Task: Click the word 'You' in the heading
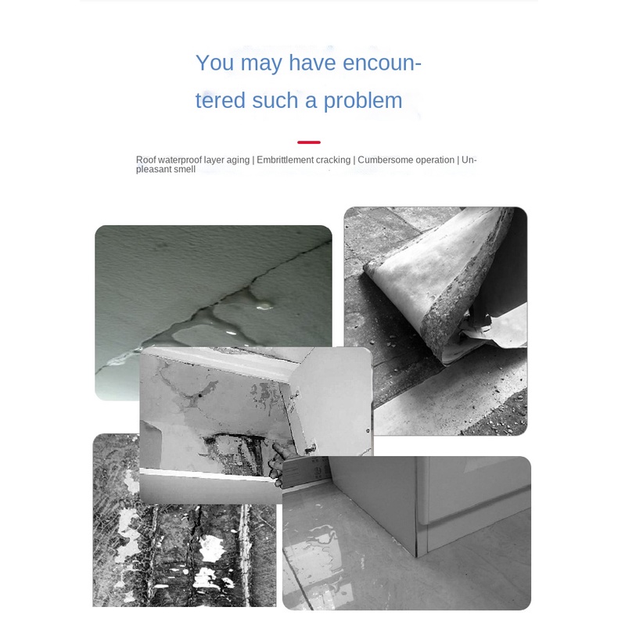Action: pos(215,63)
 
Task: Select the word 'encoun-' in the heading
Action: pos(382,63)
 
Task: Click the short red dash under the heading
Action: pos(309,142)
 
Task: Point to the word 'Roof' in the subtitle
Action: pos(146,160)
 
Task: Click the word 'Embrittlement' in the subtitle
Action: pos(284,160)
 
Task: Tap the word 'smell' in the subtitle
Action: pos(185,170)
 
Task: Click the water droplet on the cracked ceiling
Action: pos(265,305)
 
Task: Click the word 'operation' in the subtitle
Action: pos(433,161)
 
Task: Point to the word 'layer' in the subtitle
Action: pos(214,161)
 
